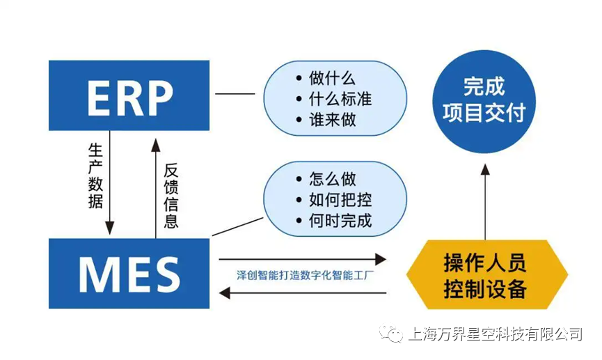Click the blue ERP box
click(x=129, y=95)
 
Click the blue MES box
click(x=129, y=273)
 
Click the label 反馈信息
click(x=171, y=196)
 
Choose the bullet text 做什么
click(x=332, y=79)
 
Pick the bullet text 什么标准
click(x=340, y=99)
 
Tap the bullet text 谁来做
click(x=332, y=119)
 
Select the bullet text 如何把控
click(x=340, y=201)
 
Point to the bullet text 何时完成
click(x=340, y=221)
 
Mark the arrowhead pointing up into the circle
click(x=485, y=169)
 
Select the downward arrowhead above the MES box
click(x=109, y=228)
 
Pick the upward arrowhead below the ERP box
click(x=156, y=143)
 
